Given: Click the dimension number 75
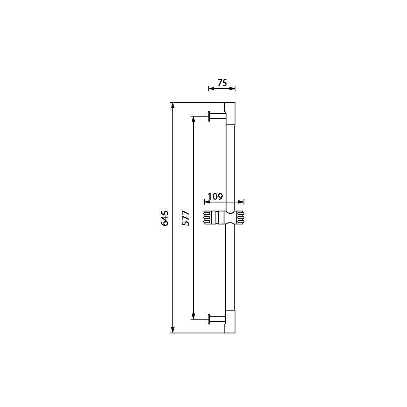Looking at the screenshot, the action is [222, 83].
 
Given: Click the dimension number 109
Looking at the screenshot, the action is [215, 196].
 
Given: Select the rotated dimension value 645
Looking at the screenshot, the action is [165, 218].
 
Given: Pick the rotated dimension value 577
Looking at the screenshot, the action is [185, 218].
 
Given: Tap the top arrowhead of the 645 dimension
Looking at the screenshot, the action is [173, 106].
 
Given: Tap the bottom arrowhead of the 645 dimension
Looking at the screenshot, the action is [173, 330].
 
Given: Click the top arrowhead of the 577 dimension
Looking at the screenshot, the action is [193, 119].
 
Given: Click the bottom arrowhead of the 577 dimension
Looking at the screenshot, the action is [193, 316].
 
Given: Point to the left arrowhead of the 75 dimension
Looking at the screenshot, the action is [212, 89].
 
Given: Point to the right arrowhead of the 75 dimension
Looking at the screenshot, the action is [232, 89].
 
